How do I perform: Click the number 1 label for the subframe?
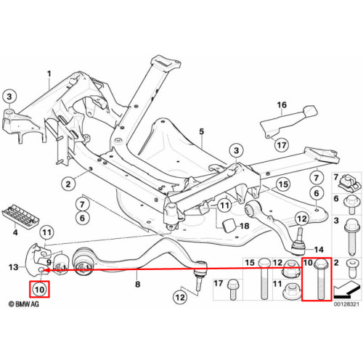pyautogui.click(x=49, y=73)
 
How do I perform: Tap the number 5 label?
pyautogui.click(x=202, y=131)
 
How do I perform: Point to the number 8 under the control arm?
pyautogui.click(x=137, y=284)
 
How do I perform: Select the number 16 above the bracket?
pyautogui.click(x=282, y=105)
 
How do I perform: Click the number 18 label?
pyautogui.click(x=245, y=226)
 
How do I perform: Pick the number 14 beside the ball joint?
pyautogui.click(x=319, y=250)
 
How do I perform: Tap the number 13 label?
pyautogui.click(x=13, y=267)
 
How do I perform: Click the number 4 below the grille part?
pyautogui.click(x=15, y=232)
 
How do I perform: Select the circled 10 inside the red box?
pyautogui.click(x=39, y=290)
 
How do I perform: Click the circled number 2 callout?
pyautogui.click(x=68, y=184)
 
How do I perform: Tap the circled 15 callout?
pyautogui.click(x=283, y=184)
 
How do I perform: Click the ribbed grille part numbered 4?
pyautogui.click(x=20, y=216)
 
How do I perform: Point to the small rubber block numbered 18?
pyautogui.click(x=229, y=225)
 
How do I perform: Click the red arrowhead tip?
pyautogui.click(x=45, y=270)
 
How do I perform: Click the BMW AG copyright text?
pyautogui.click(x=23, y=304)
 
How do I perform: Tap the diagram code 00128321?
pyautogui.click(x=346, y=304)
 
